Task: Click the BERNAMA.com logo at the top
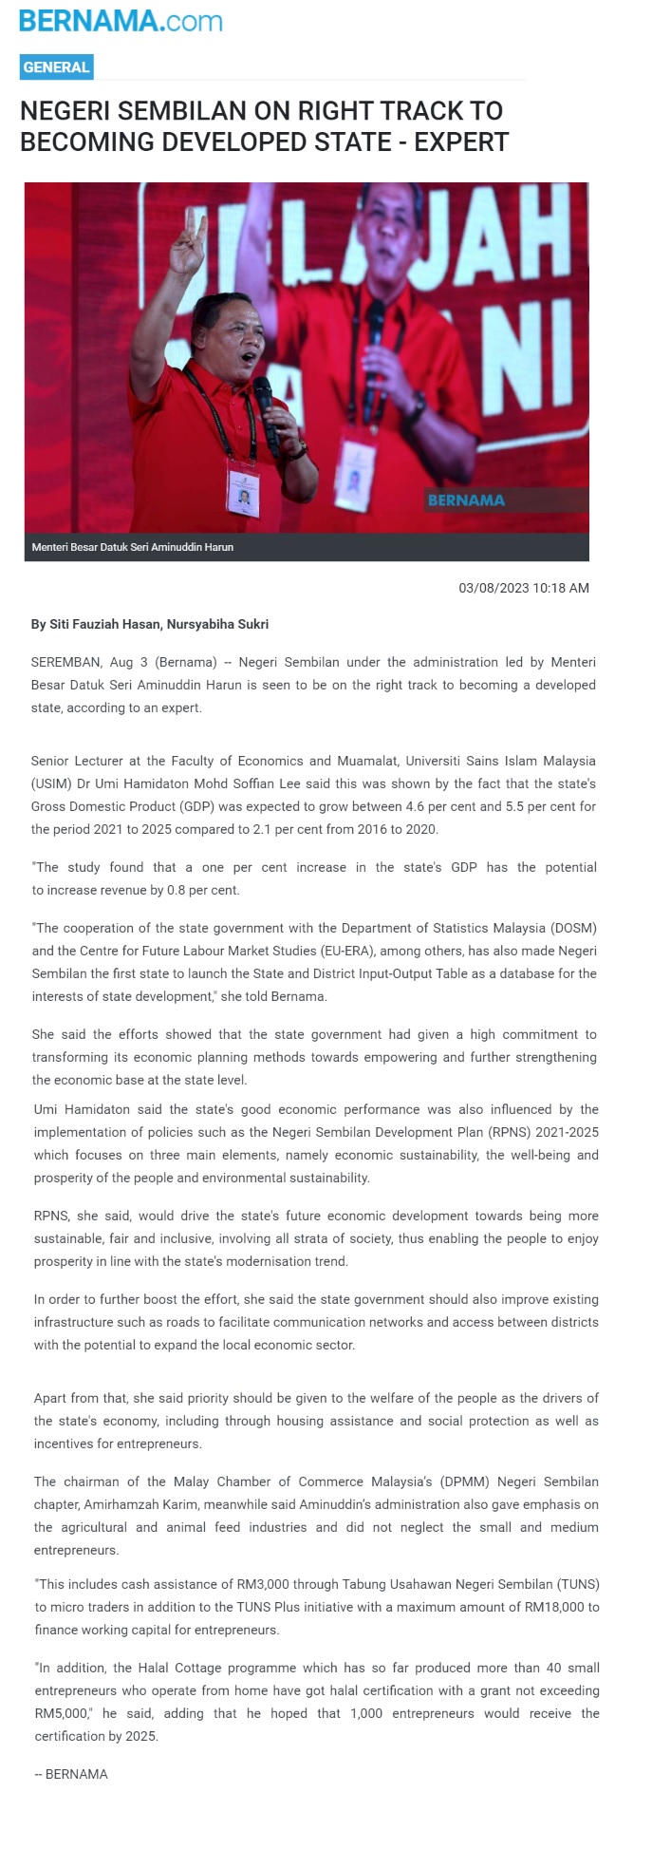coord(121,20)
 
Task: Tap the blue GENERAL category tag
coord(56,67)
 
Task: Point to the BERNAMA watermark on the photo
coord(466,500)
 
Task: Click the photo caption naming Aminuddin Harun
coord(133,547)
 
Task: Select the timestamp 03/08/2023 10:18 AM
coord(524,588)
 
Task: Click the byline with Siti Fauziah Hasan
coord(150,624)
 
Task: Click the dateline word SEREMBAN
coord(65,662)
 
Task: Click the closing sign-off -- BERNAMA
coord(71,1774)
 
